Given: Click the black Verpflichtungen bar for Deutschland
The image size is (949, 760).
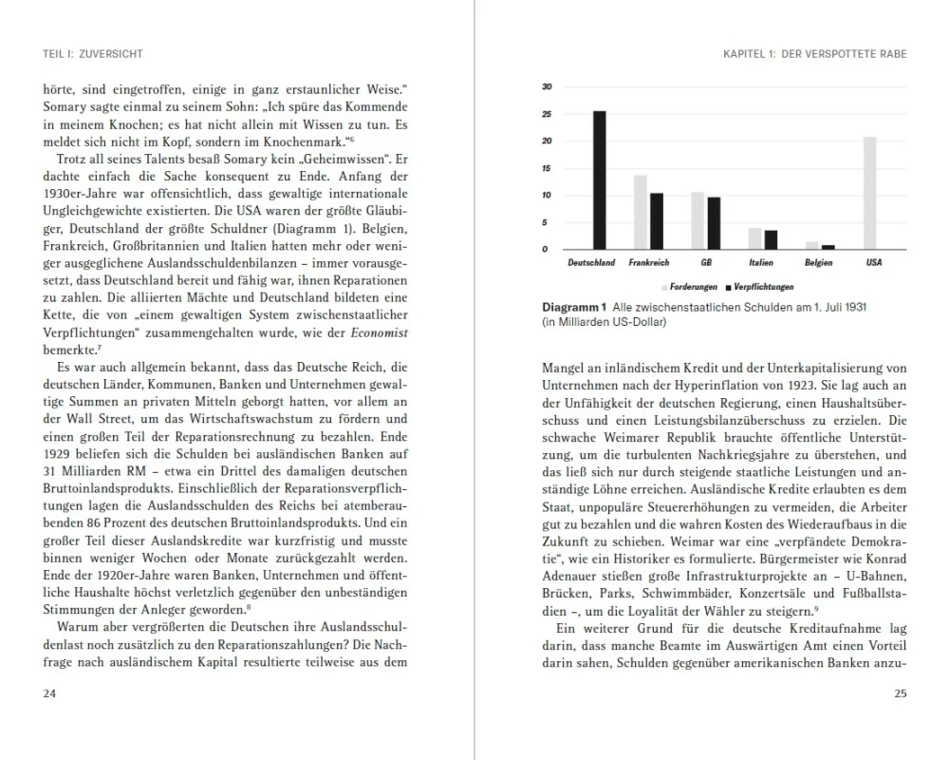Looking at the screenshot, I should (x=600, y=180).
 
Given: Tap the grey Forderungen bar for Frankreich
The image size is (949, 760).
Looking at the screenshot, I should (x=641, y=212).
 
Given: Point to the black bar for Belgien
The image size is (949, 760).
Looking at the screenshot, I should (x=828, y=247).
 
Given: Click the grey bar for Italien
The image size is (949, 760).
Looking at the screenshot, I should (x=754, y=238).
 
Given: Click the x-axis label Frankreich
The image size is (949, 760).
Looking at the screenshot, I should (x=649, y=263).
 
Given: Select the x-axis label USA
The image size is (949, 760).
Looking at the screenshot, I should (x=873, y=263).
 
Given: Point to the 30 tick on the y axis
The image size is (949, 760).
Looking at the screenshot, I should (x=547, y=87).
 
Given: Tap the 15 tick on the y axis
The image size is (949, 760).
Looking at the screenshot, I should (x=547, y=168).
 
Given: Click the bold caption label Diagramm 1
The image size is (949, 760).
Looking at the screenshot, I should (x=573, y=308).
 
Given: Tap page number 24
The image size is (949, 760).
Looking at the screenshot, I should (x=51, y=693).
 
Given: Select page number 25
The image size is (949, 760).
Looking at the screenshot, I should (x=900, y=693).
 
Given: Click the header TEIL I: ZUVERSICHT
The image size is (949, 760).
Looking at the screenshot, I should (x=93, y=54).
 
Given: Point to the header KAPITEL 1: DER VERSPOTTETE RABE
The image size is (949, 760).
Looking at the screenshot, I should (x=814, y=54).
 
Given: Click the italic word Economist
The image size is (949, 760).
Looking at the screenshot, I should (x=380, y=332).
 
